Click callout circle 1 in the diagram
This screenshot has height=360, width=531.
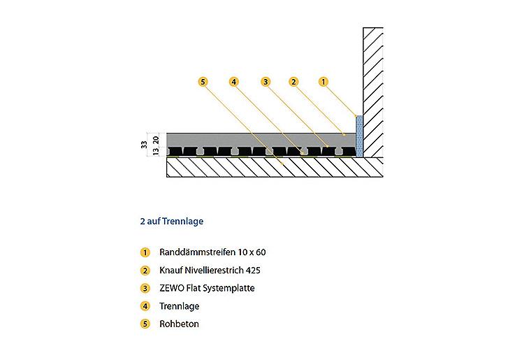click(x=323, y=82)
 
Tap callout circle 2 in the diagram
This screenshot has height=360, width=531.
click(x=293, y=82)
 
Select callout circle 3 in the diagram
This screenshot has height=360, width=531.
click(x=265, y=82)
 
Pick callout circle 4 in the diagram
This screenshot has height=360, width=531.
click(x=233, y=82)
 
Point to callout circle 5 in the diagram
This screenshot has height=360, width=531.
click(x=203, y=82)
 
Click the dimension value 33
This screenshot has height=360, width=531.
click(x=144, y=145)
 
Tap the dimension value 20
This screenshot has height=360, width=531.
click(x=156, y=140)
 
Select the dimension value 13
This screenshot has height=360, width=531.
click(x=156, y=152)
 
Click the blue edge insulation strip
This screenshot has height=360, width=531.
click(x=359, y=136)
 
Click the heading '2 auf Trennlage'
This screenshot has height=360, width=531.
click(x=172, y=221)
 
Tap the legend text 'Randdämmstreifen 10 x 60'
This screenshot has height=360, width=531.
click(x=212, y=252)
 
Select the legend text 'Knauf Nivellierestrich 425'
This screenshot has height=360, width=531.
click(x=210, y=271)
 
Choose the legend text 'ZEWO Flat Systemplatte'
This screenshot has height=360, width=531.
click(x=207, y=288)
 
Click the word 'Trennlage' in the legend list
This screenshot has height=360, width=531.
click(x=179, y=306)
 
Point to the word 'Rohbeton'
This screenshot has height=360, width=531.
click(x=179, y=324)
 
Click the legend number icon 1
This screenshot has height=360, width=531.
click(x=145, y=252)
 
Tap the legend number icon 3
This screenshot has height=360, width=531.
click(x=145, y=289)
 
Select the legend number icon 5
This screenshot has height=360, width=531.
click(x=145, y=324)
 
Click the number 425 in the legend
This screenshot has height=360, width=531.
click(x=254, y=271)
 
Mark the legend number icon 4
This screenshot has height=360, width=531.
click(x=145, y=306)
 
